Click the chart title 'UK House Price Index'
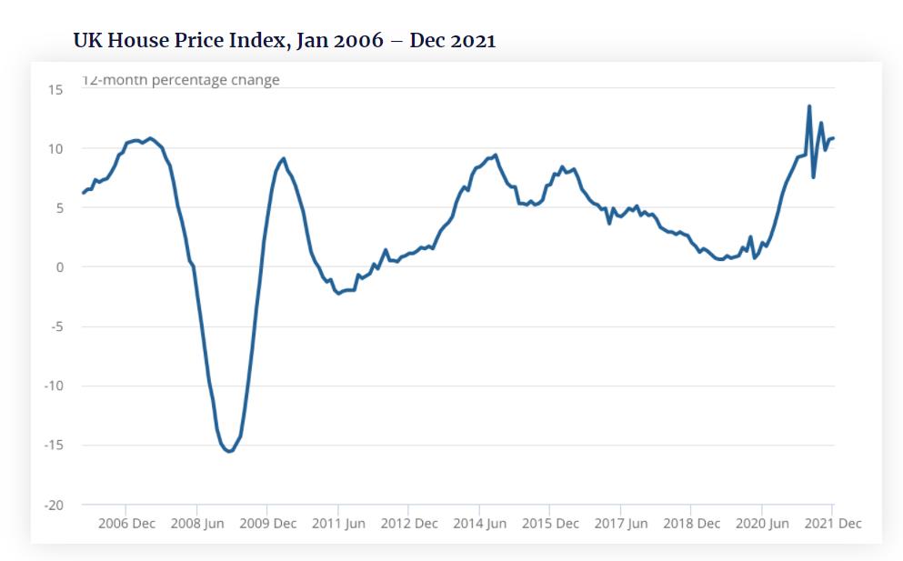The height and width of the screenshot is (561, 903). [x=285, y=41]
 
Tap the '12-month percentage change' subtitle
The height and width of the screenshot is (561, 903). [x=181, y=80]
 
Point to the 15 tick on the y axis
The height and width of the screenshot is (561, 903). [x=56, y=89]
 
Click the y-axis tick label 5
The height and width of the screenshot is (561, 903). [x=59, y=208]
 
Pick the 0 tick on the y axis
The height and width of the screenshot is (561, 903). [x=59, y=267]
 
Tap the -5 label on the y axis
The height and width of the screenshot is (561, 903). [x=56, y=326]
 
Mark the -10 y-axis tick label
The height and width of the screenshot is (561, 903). [x=54, y=386]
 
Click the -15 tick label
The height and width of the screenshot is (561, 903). [x=54, y=446]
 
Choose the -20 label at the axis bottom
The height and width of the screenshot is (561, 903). [x=54, y=505]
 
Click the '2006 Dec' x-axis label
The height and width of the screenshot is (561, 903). [x=126, y=524]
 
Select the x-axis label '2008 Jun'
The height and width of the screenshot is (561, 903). [x=196, y=524]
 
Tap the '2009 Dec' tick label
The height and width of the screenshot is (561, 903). [x=267, y=524]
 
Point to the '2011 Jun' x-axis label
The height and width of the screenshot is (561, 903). [x=338, y=524]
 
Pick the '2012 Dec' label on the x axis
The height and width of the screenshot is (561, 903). [x=409, y=524]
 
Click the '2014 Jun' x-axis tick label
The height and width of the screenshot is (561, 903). [x=479, y=524]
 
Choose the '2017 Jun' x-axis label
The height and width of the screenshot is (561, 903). [x=620, y=524]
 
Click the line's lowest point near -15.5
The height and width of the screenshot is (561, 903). [x=229, y=451]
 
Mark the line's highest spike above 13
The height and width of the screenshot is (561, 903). [x=809, y=106]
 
